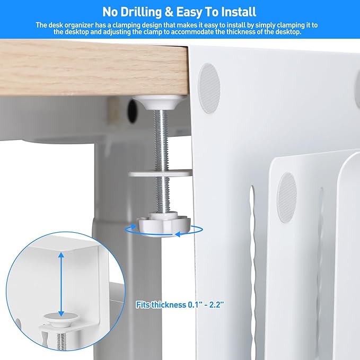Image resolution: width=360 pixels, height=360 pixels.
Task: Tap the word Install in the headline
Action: (x=236, y=11)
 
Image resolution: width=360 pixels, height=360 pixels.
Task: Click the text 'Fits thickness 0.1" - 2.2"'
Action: (x=180, y=305)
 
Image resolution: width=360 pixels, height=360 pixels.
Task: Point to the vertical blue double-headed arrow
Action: (x=62, y=284)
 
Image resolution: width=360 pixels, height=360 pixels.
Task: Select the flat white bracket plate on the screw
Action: (x=159, y=173)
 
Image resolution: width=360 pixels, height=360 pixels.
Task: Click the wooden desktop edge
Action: (x=95, y=66)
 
